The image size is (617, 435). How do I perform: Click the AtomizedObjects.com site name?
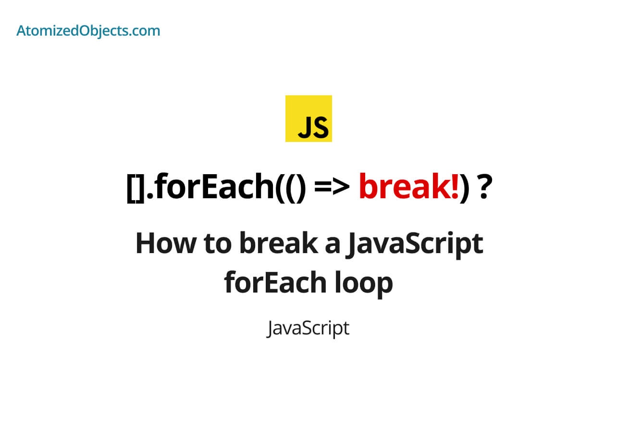[88, 31]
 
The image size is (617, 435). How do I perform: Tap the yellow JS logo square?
[308, 118]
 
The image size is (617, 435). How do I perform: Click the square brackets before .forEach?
[134, 188]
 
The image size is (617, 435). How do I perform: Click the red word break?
[403, 187]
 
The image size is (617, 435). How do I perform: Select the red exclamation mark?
[454, 187]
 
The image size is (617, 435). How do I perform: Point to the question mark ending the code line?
[484, 187]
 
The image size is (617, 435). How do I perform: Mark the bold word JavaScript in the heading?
[414, 244]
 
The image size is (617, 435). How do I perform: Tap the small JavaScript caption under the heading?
[308, 329]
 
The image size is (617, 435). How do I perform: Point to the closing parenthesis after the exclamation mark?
[464, 188]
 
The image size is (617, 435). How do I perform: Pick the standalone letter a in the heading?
[330, 244]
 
